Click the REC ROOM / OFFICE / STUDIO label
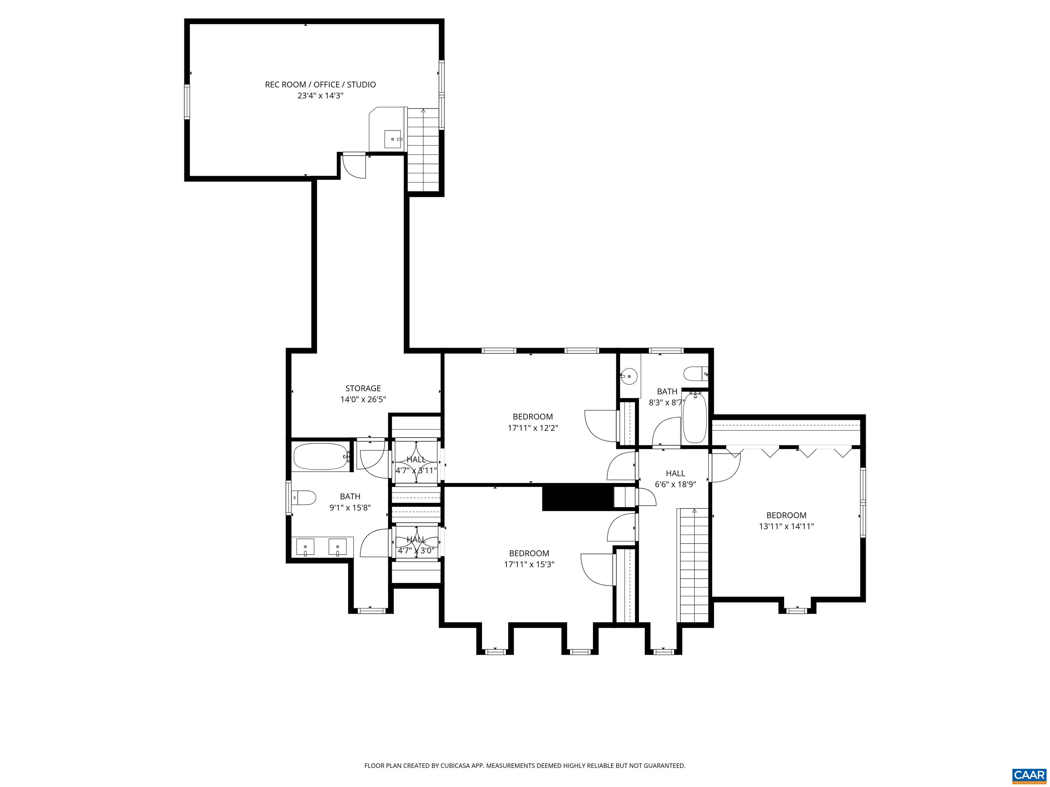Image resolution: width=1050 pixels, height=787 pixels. tap(320, 84)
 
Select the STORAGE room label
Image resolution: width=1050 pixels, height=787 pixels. tap(363, 388)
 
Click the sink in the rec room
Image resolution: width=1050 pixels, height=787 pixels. tap(393, 139)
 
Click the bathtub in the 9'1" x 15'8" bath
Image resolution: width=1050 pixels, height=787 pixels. tap(321, 456)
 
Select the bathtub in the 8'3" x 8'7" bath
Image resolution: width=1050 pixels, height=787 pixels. tap(695, 417)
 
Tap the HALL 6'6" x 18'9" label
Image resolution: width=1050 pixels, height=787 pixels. tap(675, 479)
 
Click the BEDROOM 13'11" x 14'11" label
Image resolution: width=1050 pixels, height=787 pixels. tap(786, 521)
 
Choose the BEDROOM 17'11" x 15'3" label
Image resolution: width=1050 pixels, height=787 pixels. tap(529, 558)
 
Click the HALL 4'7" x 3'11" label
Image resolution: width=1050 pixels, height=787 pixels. tap(416, 465)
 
